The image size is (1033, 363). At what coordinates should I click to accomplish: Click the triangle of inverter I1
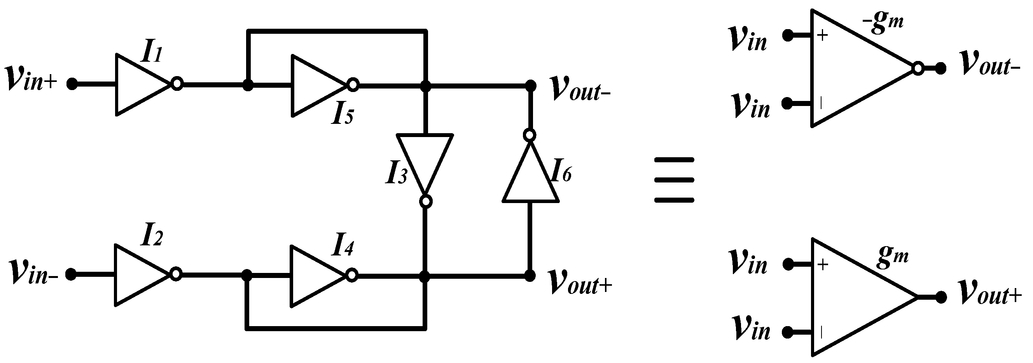(138, 85)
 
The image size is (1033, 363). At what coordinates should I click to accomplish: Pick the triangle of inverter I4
(314, 276)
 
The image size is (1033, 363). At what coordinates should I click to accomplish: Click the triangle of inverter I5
(315, 85)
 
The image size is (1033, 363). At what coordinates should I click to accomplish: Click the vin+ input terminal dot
(72, 84)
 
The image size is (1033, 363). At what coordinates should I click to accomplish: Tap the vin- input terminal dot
(71, 274)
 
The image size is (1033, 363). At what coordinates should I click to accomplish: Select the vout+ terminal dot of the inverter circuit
(530, 276)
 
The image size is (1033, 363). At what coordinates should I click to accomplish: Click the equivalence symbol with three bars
(674, 180)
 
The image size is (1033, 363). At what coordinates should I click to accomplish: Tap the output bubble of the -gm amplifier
(918, 68)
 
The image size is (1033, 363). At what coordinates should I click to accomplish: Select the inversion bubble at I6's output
(530, 135)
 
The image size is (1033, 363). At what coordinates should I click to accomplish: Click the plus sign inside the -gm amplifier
(822, 36)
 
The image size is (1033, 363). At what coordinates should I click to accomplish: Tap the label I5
(342, 115)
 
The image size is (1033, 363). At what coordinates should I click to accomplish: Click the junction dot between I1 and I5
(248, 85)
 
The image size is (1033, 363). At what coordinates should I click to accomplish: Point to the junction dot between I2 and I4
(247, 276)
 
